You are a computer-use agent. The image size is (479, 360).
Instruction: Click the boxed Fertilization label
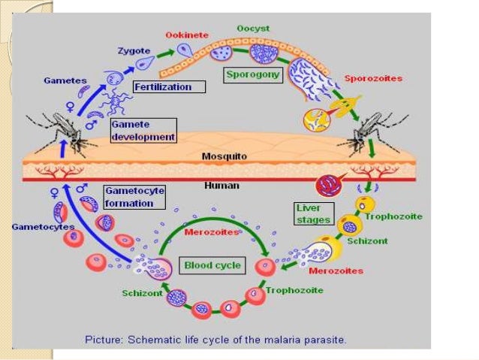(x=162, y=86)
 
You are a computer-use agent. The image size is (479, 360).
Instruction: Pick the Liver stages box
(x=312, y=213)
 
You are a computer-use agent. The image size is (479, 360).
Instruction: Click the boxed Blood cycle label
(x=212, y=265)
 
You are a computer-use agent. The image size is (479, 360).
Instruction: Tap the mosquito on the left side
(x=61, y=134)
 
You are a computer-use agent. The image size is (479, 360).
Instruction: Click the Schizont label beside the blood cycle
(x=142, y=293)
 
